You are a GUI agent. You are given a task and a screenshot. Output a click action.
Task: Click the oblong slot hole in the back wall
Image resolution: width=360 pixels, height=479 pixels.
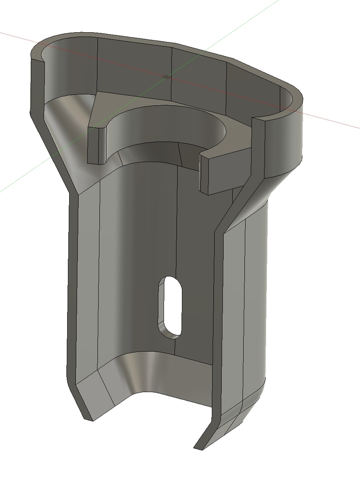pyautogui.click(x=170, y=306)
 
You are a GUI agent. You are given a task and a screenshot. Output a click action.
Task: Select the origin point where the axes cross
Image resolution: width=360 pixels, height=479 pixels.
pyautogui.click(x=167, y=76)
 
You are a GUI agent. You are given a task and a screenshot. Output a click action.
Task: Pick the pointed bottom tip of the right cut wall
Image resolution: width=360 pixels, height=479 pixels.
pyautogui.click(x=200, y=446)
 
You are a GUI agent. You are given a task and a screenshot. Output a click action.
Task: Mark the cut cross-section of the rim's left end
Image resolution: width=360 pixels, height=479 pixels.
pyautogui.click(x=37, y=84)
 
